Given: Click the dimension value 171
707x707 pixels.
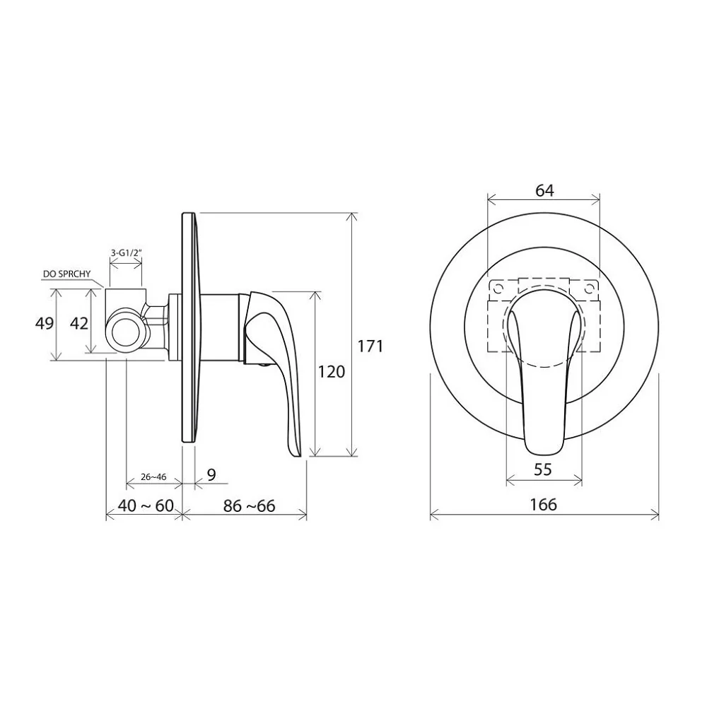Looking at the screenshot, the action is coord(370,346).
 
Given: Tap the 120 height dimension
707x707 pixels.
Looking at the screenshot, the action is coord(332,372).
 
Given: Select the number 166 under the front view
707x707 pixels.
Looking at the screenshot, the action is coord(543,504).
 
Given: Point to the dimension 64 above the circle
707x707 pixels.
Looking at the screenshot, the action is coord(544,191).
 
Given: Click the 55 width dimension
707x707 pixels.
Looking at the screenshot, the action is coord(542,469).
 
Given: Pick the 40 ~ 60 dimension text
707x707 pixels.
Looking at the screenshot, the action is coord(145,506).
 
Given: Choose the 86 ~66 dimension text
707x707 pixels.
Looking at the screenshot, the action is coord(249,506).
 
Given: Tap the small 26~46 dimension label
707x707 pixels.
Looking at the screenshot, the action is coord(153,477).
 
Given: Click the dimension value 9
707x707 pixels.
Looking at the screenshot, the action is coord(211,474).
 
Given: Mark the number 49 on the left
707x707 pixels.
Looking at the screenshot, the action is coord(44,323).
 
